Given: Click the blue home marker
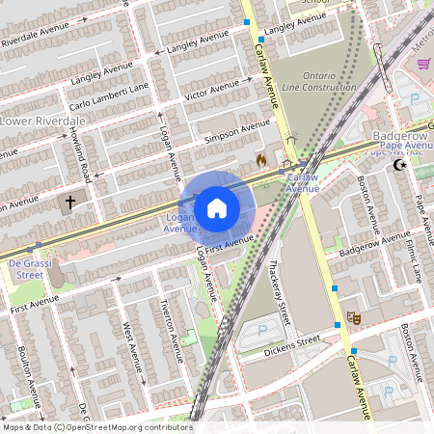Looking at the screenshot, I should [217, 207].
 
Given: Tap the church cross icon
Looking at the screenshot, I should [68, 204].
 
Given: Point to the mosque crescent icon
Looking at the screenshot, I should [401, 166].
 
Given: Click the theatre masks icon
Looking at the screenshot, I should [354, 315].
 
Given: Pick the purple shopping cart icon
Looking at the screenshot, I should [424, 64].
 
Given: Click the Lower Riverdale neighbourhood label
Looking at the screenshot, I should [42, 122].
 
